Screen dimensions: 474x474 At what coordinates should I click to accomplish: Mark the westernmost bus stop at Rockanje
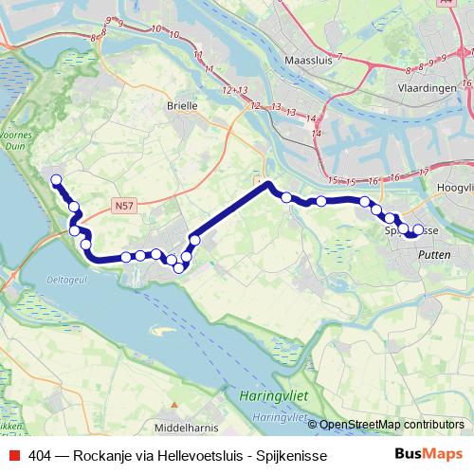[56, 180]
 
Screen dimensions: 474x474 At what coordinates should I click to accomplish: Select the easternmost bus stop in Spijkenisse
[418, 229]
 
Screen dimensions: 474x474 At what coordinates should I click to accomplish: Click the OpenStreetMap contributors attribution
[391, 425]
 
